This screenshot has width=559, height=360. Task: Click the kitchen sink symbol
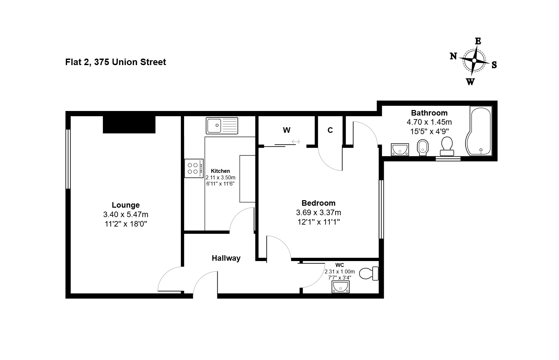[222, 126]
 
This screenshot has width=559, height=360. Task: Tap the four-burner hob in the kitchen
[194, 168]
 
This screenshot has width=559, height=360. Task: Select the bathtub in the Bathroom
[479, 131]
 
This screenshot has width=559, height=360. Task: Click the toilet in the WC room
[369, 273]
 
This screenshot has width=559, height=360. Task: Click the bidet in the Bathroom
[423, 148]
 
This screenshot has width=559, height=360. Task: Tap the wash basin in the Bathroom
[400, 149]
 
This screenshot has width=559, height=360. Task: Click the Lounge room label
[126, 205]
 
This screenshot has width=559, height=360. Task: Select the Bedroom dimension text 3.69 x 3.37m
[319, 213]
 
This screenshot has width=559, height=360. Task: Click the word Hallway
[226, 258]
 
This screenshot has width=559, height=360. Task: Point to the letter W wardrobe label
[287, 130]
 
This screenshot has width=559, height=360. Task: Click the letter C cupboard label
[330, 130]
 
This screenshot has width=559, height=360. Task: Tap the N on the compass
[453, 56]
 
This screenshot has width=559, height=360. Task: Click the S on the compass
[494, 65]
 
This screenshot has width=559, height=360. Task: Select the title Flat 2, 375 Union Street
[116, 62]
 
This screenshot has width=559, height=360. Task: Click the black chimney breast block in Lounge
[129, 125]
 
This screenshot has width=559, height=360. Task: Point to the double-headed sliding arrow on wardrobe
[296, 142]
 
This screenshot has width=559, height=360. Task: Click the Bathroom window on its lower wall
[448, 159]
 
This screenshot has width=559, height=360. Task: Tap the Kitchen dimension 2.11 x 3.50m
[221, 177]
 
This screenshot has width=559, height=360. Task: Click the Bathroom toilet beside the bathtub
[447, 146]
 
